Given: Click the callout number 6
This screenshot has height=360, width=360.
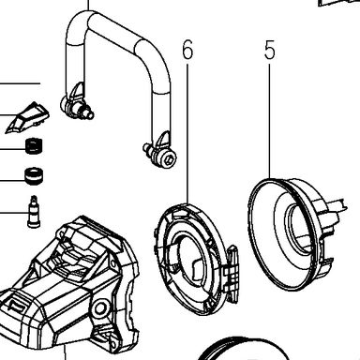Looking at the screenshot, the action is pyautogui.click(x=187, y=50).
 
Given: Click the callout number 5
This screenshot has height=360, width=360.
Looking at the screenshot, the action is pyautogui.click(x=270, y=50).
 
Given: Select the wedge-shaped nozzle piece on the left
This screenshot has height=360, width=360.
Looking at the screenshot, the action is pyautogui.click(x=27, y=117).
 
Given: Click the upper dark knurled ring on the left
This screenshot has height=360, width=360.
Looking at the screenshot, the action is pyautogui.click(x=34, y=146).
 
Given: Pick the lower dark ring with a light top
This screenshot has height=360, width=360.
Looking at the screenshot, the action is pyautogui.click(x=34, y=176).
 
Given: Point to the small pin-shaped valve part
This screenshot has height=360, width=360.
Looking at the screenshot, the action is pyautogui.click(x=34, y=212).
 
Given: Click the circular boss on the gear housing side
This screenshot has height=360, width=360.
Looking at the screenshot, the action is pyautogui.click(x=100, y=308).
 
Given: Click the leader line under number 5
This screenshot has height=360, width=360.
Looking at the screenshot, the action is pyautogui.click(x=270, y=121).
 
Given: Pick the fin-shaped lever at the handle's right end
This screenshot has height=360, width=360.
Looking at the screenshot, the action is pyautogui.click(x=164, y=141).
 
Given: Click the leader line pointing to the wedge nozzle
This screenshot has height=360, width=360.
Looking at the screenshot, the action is pyautogui.click(x=9, y=116).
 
